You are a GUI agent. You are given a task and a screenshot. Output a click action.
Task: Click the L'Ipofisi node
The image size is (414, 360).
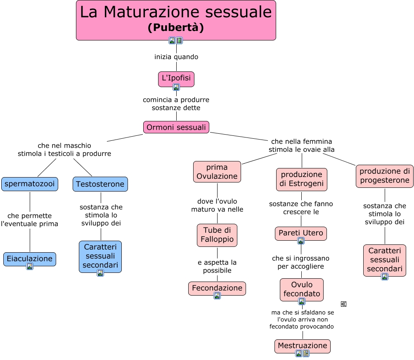click(176, 78)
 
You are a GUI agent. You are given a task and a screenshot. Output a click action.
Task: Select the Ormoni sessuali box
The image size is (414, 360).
click(176, 127)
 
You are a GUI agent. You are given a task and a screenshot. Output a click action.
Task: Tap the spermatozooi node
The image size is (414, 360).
click(30, 184)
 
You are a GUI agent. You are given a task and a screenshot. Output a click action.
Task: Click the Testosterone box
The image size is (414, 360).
click(100, 184)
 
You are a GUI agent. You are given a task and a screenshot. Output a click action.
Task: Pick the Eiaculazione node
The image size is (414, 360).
click(30, 258)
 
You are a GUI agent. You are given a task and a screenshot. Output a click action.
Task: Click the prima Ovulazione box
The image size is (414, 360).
click(217, 172)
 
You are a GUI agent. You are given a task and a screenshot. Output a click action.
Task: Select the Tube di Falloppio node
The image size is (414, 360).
click(217, 235)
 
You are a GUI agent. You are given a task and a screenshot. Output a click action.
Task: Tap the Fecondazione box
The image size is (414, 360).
click(217, 288)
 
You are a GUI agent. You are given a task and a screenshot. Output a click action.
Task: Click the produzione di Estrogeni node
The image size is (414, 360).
click(302, 179)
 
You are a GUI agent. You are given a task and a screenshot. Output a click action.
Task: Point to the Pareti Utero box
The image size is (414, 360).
click(301, 233)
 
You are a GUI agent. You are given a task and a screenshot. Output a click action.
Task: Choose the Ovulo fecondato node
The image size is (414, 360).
click(302, 289)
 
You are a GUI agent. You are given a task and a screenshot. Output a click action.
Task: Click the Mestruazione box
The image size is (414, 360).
click(303, 346)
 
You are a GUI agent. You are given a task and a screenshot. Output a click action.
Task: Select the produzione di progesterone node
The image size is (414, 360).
click(384, 176)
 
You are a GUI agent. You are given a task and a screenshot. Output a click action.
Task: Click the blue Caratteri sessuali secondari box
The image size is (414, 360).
click(100, 256)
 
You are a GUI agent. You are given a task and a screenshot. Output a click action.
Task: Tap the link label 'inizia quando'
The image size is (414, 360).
click(176, 57)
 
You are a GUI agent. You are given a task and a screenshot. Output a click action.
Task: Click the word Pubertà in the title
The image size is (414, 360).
click(176, 28)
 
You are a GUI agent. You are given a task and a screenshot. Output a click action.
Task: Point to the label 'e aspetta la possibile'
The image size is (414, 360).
click(217, 266)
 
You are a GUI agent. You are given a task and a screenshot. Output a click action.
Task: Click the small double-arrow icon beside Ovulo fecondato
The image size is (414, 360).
click(343, 304)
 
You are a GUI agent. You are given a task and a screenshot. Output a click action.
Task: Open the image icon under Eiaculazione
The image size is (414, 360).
click(30, 266)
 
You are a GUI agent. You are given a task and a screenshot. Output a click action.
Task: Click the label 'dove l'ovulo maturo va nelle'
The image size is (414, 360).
click(217, 205)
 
